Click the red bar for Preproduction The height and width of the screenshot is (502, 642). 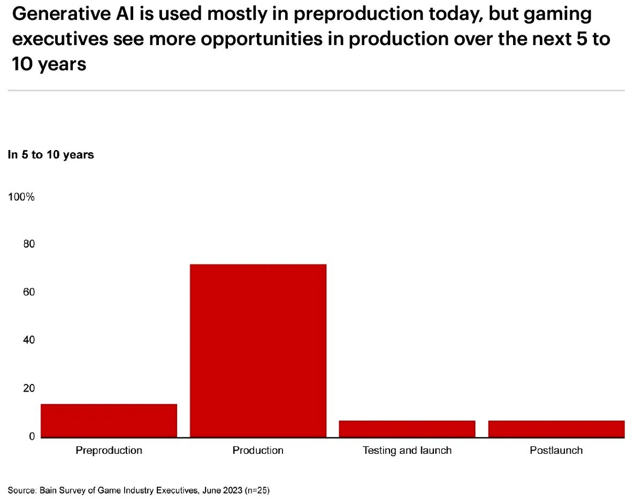tap(109, 421)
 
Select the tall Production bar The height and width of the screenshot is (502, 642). tap(258, 351)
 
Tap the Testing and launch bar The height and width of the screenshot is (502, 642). tap(407, 429)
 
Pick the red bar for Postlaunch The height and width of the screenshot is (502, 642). tap(556, 429)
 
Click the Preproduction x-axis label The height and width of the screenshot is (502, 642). tap(109, 450)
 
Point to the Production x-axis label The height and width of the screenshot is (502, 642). tap(258, 450)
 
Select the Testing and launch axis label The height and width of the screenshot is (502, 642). tap(407, 450)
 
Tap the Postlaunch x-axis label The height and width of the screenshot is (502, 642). tap(556, 450)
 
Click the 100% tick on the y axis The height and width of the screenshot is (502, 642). tap(21, 197)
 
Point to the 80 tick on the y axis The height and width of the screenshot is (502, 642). tap(28, 244)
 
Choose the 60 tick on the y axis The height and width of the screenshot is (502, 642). tap(28, 292)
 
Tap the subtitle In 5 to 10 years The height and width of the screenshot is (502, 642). tap(51, 155)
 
